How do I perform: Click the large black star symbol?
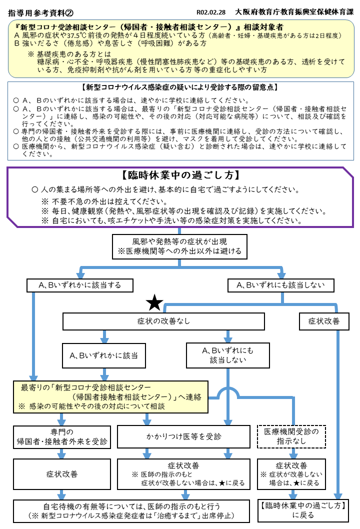point(154,302)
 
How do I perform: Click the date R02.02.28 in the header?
point(211,12)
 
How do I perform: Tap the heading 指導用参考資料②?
point(40,13)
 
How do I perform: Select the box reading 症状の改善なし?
point(163,321)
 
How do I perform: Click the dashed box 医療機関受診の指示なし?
point(291,436)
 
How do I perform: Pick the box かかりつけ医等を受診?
point(183,436)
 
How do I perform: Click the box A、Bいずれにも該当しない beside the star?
point(281,285)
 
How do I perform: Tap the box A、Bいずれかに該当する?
point(80,285)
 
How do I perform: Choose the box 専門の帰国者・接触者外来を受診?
point(61,436)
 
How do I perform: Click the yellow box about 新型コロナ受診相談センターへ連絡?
point(110,397)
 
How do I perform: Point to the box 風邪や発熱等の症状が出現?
point(179,246)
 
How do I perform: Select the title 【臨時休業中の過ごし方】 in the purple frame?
point(180,175)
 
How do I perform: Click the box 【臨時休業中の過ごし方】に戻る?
point(303,510)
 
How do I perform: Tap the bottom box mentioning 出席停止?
point(131,511)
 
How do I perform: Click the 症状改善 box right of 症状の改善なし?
point(324,321)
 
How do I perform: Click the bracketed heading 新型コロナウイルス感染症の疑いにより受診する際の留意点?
point(180,87)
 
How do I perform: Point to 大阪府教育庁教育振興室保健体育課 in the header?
point(294,12)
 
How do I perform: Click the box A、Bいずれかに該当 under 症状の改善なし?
point(104,355)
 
